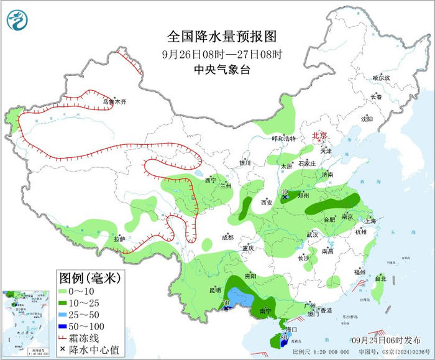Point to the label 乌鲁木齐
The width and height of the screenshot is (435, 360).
click(114, 101)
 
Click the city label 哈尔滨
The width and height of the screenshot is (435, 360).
click(380, 78)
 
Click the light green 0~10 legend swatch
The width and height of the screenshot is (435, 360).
click(65, 290)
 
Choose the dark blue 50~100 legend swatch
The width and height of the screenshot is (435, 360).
click(65, 325)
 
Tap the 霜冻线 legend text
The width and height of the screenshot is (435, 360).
click(87, 337)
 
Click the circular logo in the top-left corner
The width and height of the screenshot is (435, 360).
click(19, 20)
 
